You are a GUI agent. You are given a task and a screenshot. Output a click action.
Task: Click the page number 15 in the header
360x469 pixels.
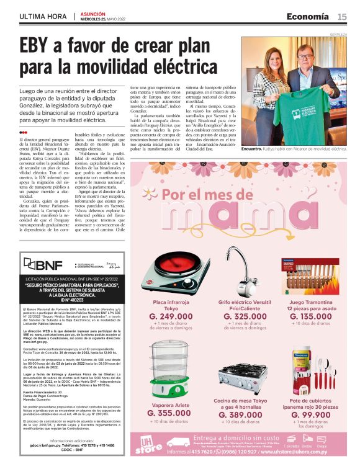[x=342, y=16]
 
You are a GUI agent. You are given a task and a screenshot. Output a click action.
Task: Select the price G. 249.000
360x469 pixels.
[x=171, y=316]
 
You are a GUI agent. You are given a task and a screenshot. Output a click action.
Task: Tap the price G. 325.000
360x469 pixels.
[x=242, y=316]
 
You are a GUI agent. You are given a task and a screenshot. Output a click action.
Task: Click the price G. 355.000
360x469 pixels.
[x=169, y=413]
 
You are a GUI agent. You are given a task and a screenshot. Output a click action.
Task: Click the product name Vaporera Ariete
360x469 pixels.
[x=169, y=403]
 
